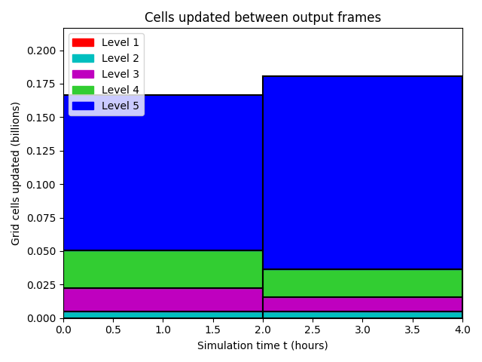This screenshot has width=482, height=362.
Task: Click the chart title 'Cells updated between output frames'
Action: tap(263, 17)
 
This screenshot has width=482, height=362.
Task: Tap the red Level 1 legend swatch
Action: tap(83, 42)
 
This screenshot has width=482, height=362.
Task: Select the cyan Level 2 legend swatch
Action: tap(83, 59)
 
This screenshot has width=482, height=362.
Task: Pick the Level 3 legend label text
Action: tap(120, 74)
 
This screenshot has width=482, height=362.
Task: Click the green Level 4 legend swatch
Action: tap(83, 90)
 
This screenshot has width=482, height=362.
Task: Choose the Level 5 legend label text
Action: tap(120, 106)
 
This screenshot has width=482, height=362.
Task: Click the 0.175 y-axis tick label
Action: tap(41, 84)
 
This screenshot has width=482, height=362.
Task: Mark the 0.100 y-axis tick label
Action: tap(41, 185)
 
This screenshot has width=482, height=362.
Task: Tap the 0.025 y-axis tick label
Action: tap(41, 285)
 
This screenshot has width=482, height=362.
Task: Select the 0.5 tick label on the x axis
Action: tap(113, 330)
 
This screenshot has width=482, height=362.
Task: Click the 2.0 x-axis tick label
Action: tap(263, 330)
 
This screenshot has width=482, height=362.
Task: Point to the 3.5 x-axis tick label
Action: tap(412, 330)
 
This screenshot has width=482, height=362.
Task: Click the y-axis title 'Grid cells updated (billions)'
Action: tap(15, 173)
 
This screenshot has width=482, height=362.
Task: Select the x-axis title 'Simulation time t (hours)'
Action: tap(263, 345)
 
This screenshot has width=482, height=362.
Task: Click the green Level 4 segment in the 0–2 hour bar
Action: tap(163, 269)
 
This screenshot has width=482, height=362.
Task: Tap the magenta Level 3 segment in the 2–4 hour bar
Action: tap(363, 305)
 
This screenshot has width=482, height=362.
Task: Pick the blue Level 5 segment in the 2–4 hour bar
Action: tap(363, 173)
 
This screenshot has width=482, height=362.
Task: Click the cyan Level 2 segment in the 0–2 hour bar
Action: tap(163, 315)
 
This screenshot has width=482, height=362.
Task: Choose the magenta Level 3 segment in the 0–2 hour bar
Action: tap(163, 300)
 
